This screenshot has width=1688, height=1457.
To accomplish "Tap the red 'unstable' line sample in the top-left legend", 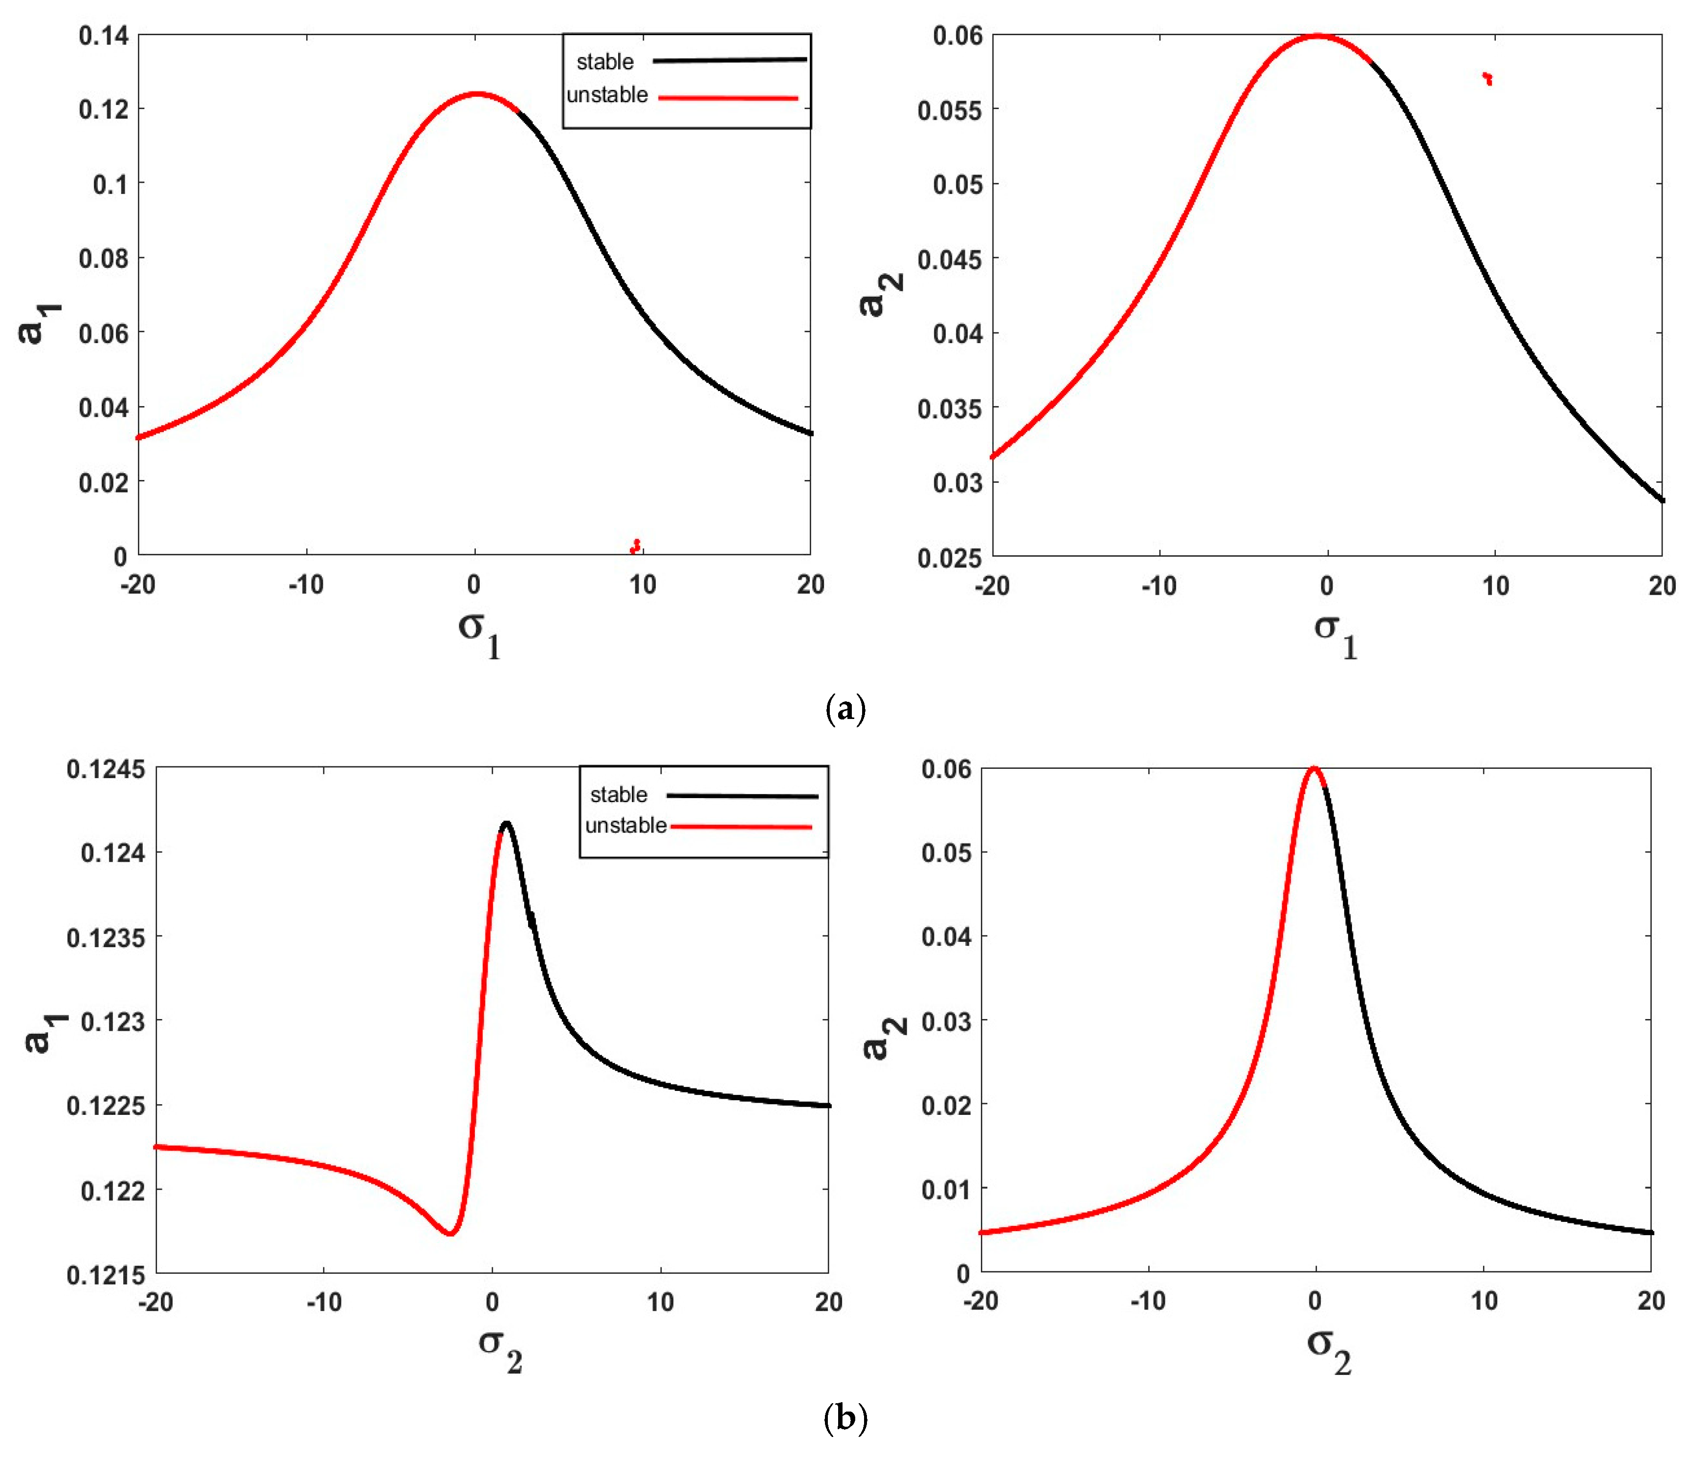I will click(x=728, y=98).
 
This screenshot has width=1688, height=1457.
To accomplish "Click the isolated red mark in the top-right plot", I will click(x=1488, y=78).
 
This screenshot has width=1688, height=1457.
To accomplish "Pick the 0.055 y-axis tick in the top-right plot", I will click(x=950, y=110).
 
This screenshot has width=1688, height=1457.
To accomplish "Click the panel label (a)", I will click(x=845, y=709).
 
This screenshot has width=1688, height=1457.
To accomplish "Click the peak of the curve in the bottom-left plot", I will click(x=506, y=824).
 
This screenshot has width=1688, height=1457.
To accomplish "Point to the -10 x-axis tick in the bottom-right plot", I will click(x=1147, y=1302).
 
